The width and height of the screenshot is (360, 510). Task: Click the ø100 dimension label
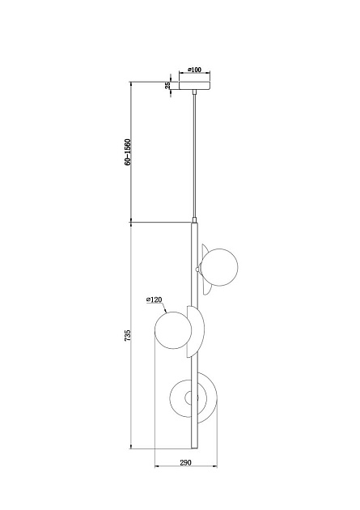[195, 70]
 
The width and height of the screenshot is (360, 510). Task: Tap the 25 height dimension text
[167, 86]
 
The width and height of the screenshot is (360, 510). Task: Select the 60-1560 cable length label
[127, 152]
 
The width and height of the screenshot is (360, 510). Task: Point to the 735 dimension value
[127, 335]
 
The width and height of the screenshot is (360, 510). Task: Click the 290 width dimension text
[185, 462]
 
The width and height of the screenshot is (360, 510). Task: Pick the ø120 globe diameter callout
[154, 300]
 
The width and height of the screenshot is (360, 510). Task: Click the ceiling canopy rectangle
[195, 86]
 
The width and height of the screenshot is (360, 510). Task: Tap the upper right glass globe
[219, 267]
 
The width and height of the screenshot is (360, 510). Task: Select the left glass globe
[173, 330]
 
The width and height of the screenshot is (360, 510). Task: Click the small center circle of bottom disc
[191, 398]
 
